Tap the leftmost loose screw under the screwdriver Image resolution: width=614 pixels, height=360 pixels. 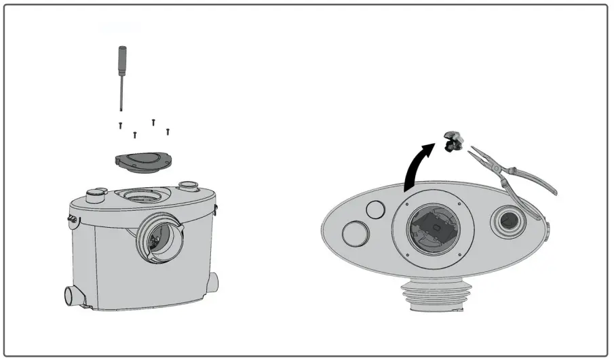coord(120,125)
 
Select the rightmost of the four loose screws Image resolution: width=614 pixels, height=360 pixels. coord(168,131)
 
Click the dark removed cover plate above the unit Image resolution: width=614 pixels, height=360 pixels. coord(140,159)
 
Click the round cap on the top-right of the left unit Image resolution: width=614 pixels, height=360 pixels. coord(187,186)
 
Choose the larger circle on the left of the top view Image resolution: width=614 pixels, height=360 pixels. coord(356,234)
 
